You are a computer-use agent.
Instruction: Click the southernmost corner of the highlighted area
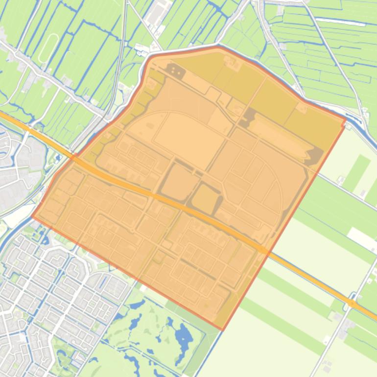(x=222, y=330)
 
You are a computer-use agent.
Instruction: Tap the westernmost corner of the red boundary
(x=32, y=216)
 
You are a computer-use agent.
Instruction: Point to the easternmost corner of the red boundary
(x=346, y=118)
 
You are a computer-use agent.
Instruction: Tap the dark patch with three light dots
(x=176, y=72)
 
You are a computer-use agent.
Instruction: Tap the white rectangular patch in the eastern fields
(x=362, y=238)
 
